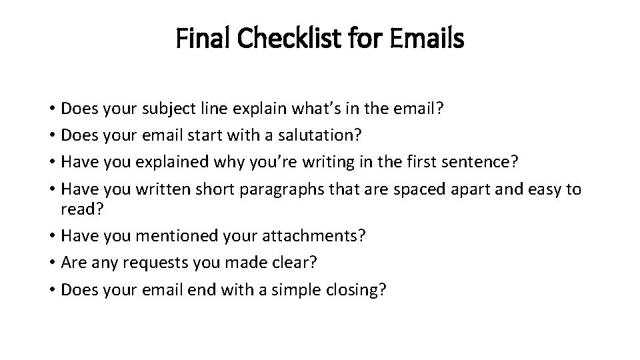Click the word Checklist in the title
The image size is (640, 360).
[x=285, y=39]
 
